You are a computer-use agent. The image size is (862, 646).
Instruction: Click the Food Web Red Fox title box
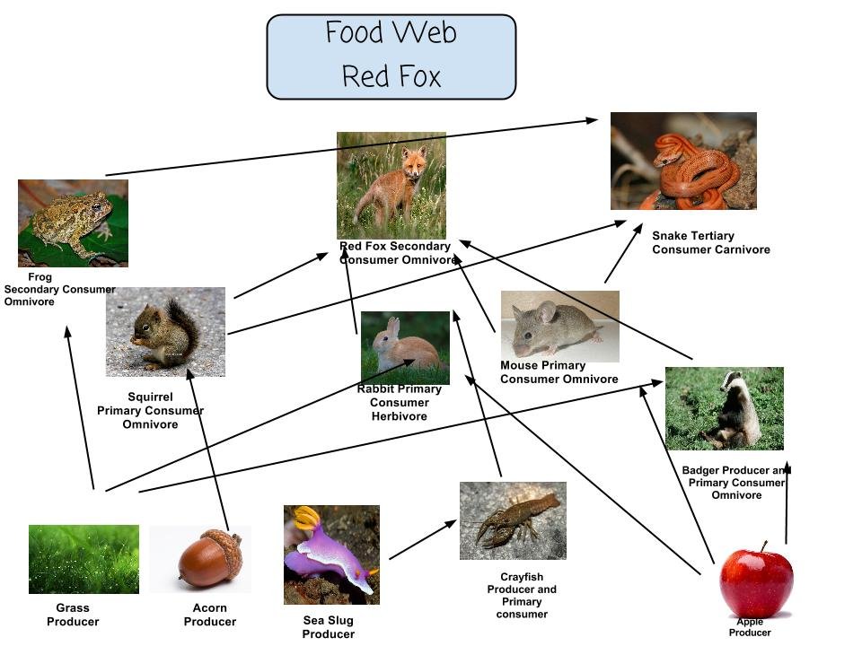391,57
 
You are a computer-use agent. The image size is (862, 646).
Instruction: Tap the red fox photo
391,186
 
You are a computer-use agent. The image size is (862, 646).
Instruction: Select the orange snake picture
683,161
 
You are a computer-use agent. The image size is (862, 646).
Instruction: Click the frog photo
73,223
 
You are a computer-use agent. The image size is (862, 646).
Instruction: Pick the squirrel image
165,332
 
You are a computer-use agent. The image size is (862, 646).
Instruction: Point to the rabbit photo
405,348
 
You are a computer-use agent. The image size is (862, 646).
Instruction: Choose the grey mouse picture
560,327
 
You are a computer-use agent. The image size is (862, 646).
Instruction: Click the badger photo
725,409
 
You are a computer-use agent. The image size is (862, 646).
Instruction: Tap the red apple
756,581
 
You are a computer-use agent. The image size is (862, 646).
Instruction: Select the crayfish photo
513,520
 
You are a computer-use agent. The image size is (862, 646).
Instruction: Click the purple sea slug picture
331,554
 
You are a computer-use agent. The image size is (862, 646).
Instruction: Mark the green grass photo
84,559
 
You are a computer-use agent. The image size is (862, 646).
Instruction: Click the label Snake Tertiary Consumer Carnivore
711,242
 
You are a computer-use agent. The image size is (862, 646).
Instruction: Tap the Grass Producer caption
73,615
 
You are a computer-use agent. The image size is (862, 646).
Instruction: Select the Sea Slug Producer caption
329,627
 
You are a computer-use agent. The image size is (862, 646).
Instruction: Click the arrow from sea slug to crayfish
423,539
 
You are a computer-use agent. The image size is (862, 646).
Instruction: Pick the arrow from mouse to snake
623,253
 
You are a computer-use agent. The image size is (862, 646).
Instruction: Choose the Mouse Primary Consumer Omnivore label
559,371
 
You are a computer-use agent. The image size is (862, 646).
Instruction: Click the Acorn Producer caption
210,615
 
